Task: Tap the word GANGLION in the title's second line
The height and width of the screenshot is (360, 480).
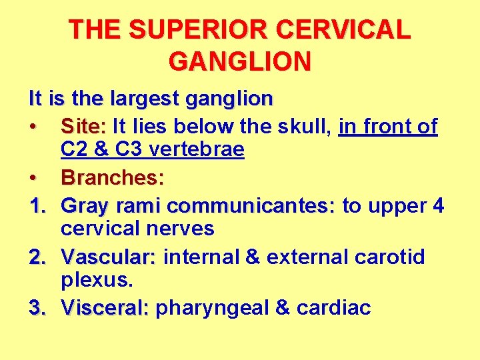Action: (x=240, y=62)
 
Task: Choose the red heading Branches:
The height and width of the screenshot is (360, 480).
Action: (x=113, y=178)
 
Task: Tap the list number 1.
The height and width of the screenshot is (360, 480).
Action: (x=37, y=206)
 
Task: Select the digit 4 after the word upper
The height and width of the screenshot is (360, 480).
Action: (x=438, y=206)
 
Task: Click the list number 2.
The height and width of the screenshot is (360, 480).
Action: (x=37, y=257)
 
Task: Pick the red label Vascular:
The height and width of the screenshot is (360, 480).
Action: (x=108, y=257)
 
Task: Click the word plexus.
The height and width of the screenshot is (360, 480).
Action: (x=97, y=280)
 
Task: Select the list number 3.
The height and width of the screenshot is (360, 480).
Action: (x=37, y=307)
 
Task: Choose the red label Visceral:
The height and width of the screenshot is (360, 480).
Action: (x=105, y=307)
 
